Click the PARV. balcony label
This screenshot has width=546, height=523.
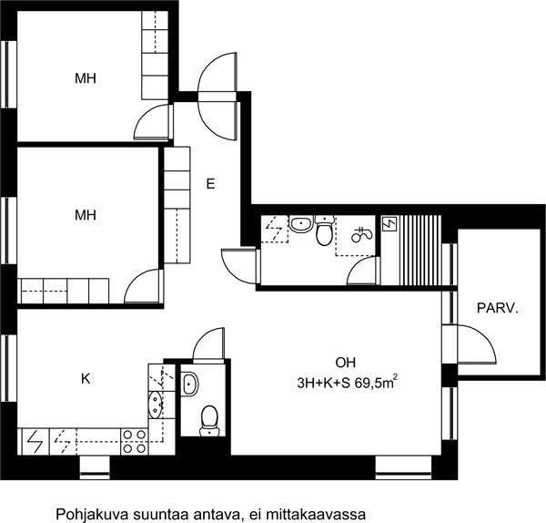(497, 308)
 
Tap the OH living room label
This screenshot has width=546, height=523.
(346, 363)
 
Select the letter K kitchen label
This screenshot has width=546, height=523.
(86, 378)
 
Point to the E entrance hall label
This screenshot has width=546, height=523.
(210, 184)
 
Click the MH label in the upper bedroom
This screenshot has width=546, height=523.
(86, 78)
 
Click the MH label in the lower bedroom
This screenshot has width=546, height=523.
(86, 215)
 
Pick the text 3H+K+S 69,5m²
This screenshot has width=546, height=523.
(348, 383)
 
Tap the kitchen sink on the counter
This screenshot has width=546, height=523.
(155, 405)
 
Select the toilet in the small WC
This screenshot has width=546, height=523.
(209, 421)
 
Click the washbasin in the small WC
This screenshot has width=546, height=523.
(190, 384)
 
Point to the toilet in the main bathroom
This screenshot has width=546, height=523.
(325, 231)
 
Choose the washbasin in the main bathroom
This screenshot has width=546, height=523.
(301, 224)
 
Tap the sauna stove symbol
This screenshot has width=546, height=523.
(389, 224)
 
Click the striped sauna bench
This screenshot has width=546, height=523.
(420, 250)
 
